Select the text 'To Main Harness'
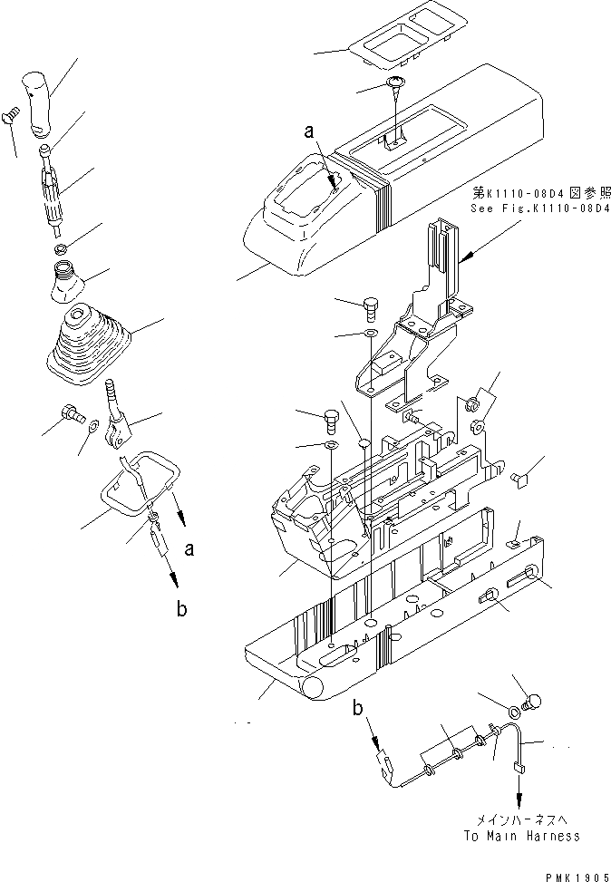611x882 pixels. tap(521, 836)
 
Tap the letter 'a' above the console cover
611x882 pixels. tap(310, 132)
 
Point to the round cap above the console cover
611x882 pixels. tap(397, 84)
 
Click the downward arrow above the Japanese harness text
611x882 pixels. tap(519, 801)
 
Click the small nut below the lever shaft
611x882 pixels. tap(59, 248)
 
